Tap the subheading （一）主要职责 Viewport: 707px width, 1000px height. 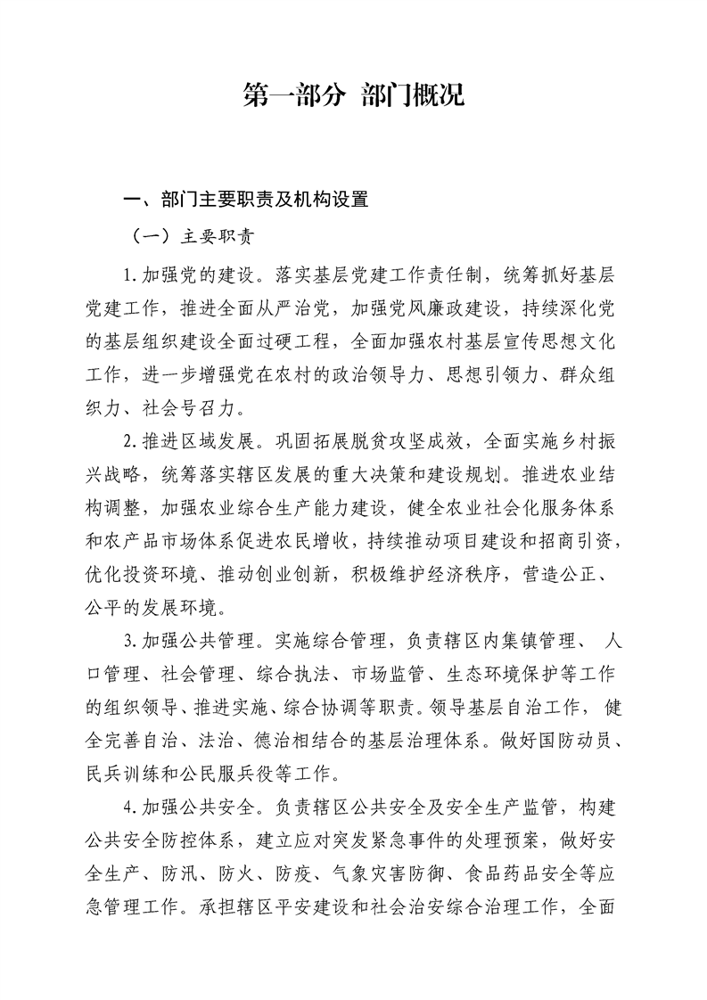(x=192, y=237)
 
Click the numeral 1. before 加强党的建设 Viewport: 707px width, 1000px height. (x=129, y=273)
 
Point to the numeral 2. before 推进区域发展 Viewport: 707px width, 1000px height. (x=129, y=439)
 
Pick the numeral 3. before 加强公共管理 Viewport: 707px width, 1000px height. (x=129, y=639)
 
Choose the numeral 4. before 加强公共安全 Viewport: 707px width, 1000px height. (x=129, y=807)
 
